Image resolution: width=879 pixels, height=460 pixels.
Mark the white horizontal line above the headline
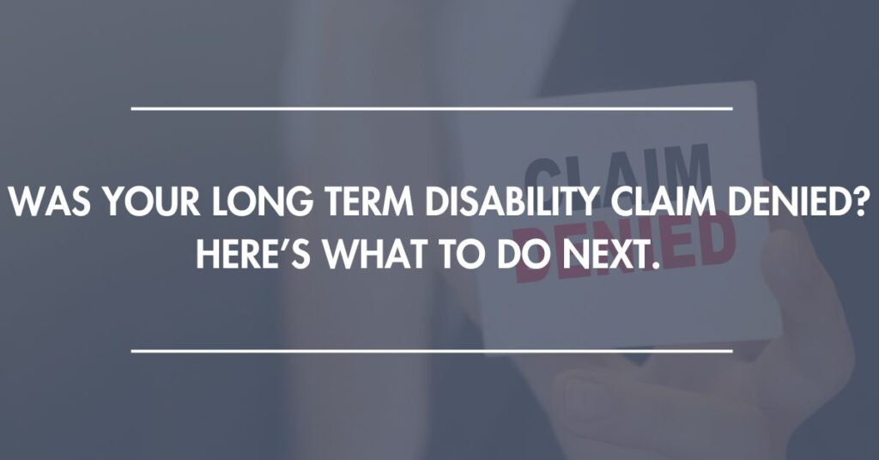432,108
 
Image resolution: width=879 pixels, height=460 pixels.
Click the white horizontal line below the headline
432,351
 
